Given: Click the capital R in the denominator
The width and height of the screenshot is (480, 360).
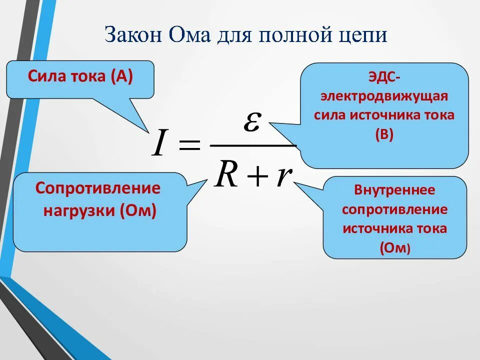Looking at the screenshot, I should pos(226,175).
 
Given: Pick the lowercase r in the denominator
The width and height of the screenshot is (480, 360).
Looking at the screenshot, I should pos(283,177).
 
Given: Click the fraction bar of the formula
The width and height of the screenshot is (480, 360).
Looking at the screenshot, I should pos(253,146).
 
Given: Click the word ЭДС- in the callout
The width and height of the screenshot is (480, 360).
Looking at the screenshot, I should pos(383,77).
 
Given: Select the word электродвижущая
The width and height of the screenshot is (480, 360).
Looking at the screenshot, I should pos(383,96).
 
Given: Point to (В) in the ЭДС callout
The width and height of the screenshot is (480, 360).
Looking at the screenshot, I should pos(384,134).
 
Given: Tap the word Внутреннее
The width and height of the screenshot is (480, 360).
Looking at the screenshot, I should pos(394,190).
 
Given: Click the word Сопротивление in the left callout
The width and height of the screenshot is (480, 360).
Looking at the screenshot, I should pos(98,188).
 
